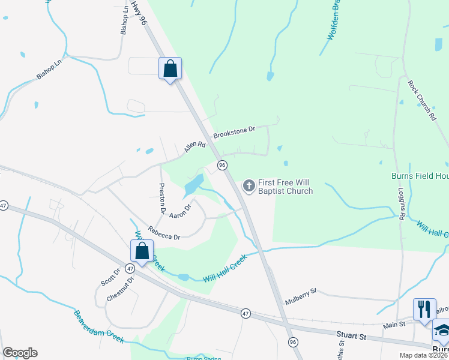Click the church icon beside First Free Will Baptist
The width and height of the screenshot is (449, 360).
click(x=249, y=186)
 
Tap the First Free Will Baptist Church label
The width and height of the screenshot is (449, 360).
click(x=285, y=187)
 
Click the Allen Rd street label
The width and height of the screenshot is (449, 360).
click(x=195, y=146)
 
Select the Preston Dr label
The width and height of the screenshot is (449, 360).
click(x=161, y=199)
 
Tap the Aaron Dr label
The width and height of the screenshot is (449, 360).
click(x=180, y=211)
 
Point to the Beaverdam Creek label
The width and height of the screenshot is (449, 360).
click(x=99, y=326)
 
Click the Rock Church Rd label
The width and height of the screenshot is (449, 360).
click(x=421, y=102)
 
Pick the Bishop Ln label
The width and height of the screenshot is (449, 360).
click(x=49, y=69)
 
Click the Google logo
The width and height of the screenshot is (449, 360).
click(x=20, y=353)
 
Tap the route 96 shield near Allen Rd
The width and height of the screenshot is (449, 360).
click(x=222, y=165)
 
